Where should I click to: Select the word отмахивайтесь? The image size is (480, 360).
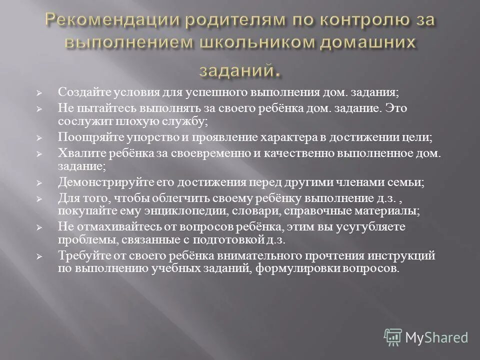(113, 226)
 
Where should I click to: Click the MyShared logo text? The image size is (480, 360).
(436, 337)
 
